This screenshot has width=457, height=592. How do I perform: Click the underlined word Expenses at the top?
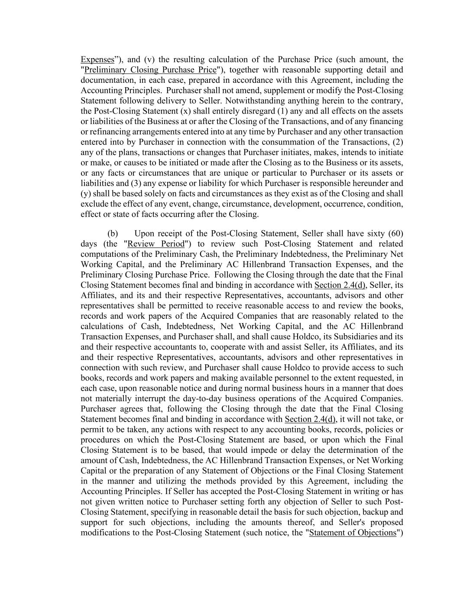pos(97,59)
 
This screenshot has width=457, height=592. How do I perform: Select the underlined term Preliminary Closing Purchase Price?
pos(150,70)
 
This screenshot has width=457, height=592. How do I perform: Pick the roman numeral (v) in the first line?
pos(149,59)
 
